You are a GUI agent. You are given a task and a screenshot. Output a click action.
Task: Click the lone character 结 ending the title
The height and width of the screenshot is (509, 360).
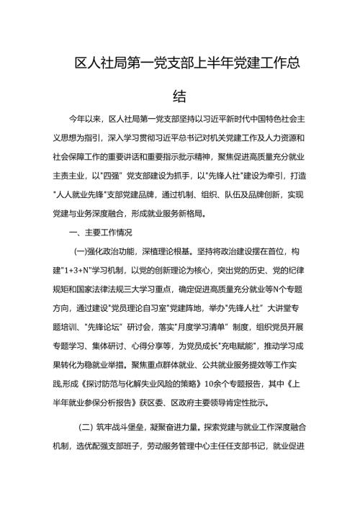tap(180, 96)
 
